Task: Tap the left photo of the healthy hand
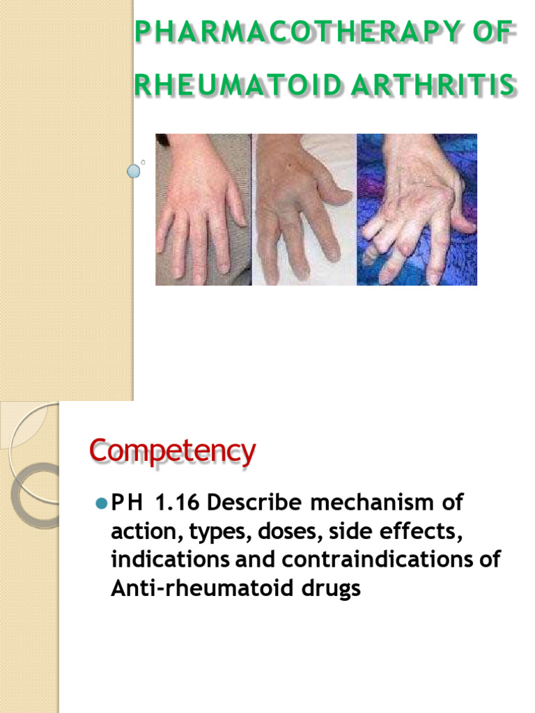203,209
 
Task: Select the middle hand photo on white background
304,209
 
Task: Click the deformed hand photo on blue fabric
417,209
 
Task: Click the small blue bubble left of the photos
134,171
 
